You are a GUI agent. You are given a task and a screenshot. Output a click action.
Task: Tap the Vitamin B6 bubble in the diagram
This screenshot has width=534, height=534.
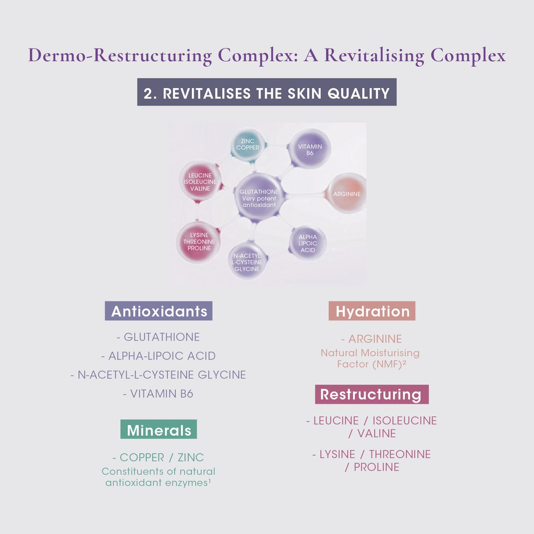pyautogui.click(x=310, y=149)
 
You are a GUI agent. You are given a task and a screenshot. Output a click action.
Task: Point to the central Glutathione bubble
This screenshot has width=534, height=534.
pyautogui.click(x=259, y=198)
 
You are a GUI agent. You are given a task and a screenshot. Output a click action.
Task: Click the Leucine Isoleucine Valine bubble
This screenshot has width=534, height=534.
pyautogui.click(x=200, y=181)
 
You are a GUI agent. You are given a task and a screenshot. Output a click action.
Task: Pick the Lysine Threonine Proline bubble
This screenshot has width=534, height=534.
pyautogui.click(x=199, y=241)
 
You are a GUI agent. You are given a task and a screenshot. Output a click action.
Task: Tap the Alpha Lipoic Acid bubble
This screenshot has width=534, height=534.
pyautogui.click(x=308, y=244)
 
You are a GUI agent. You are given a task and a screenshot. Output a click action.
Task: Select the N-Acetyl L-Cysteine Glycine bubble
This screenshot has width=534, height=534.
pyautogui.click(x=247, y=262)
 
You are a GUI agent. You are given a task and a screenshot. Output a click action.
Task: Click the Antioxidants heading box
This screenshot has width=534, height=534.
pyautogui.click(x=159, y=311)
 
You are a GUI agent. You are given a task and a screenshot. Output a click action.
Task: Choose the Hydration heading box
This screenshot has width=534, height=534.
pyautogui.click(x=372, y=311)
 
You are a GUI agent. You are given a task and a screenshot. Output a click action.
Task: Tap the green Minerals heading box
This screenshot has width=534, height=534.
pyautogui.click(x=159, y=430)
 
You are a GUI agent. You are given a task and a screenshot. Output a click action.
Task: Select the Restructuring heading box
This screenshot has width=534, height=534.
pyautogui.click(x=371, y=394)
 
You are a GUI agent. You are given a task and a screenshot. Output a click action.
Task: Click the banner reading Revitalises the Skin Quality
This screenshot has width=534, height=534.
pyautogui.click(x=266, y=93)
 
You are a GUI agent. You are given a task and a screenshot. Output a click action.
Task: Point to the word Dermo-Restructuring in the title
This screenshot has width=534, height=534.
pyautogui.click(x=120, y=55)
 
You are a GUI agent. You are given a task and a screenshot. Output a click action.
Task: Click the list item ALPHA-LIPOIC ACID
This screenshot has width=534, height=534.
pyautogui.click(x=158, y=356)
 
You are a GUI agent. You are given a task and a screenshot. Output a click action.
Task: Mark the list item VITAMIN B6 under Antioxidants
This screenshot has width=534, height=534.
pyautogui.click(x=158, y=394)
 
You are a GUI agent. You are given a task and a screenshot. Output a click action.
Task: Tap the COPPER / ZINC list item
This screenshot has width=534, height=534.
pyautogui.click(x=158, y=457)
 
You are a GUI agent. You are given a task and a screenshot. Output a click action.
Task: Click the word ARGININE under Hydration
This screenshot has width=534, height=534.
pyautogui.click(x=375, y=339)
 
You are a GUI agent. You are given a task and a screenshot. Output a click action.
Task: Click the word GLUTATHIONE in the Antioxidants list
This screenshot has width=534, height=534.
pyautogui.click(x=162, y=337)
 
